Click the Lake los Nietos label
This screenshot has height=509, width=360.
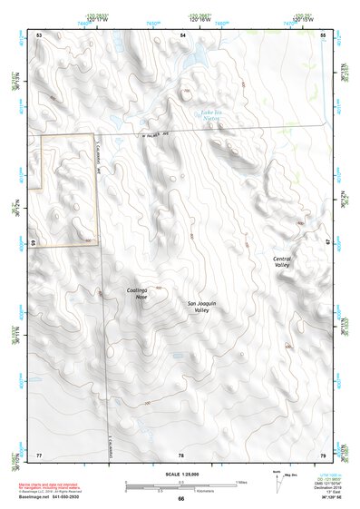210,114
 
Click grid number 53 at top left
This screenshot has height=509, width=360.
39,34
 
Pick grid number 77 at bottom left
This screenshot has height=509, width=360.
39,454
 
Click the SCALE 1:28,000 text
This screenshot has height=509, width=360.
180,475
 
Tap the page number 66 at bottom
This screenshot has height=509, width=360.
180,499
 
